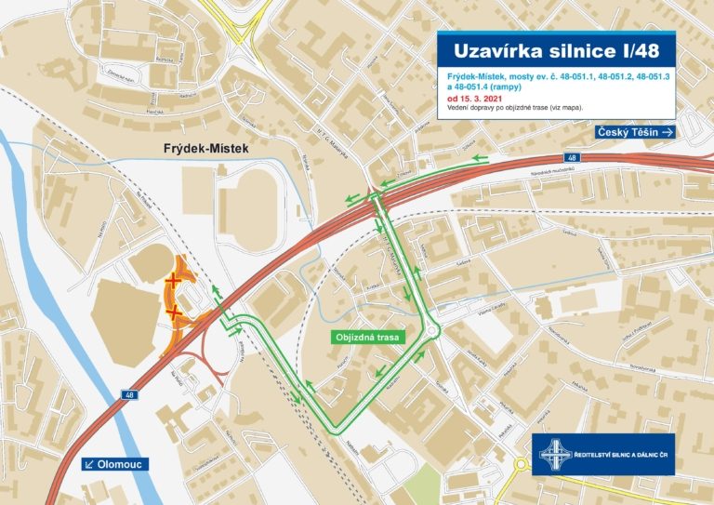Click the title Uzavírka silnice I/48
pyautogui.click(x=554, y=50)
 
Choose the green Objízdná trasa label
pyautogui.click(x=367, y=338)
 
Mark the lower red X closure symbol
pyautogui.click(x=177, y=313)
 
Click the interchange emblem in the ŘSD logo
pyautogui.click(x=555, y=454)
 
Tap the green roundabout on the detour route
pyautogui.click(x=430, y=330)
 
